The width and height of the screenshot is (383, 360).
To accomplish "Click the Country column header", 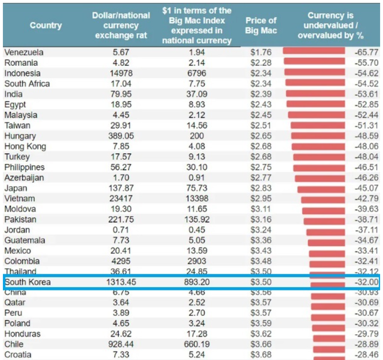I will tap(46, 25).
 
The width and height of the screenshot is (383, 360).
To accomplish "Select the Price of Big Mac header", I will tap(260, 25).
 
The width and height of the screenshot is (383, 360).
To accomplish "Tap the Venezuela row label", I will tap(24, 53).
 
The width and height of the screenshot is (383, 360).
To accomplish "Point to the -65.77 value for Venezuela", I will tap(366, 53).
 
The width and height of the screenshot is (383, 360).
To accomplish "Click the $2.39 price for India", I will tap(261, 94).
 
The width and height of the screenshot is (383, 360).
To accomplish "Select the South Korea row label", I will tap(28, 282).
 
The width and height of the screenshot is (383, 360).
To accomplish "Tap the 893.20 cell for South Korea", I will tap(197, 282).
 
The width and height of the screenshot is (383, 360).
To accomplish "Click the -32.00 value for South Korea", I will tap(366, 282).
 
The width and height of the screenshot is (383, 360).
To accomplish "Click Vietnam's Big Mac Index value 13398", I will tap(197, 199).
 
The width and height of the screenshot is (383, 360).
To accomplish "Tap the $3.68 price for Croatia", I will tap(261, 355).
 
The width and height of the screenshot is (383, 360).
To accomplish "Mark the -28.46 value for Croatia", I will tap(366, 355).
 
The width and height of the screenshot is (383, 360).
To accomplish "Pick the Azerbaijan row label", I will tap(24, 178).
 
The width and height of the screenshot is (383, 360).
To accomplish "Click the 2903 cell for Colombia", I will tap(197, 261).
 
